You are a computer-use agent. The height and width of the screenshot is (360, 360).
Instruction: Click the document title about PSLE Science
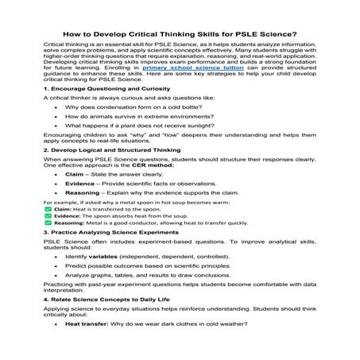coord(180,33)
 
